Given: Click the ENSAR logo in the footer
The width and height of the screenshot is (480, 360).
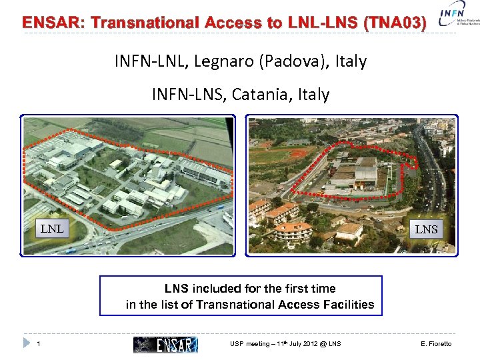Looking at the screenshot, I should click(165, 344).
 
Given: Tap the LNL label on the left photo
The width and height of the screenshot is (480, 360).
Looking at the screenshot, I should click(52, 229).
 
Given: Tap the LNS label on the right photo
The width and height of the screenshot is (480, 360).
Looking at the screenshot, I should click(427, 229).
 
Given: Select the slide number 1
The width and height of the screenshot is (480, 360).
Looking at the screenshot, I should click(39, 344).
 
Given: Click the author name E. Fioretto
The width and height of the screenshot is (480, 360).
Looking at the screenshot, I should click(437, 344).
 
